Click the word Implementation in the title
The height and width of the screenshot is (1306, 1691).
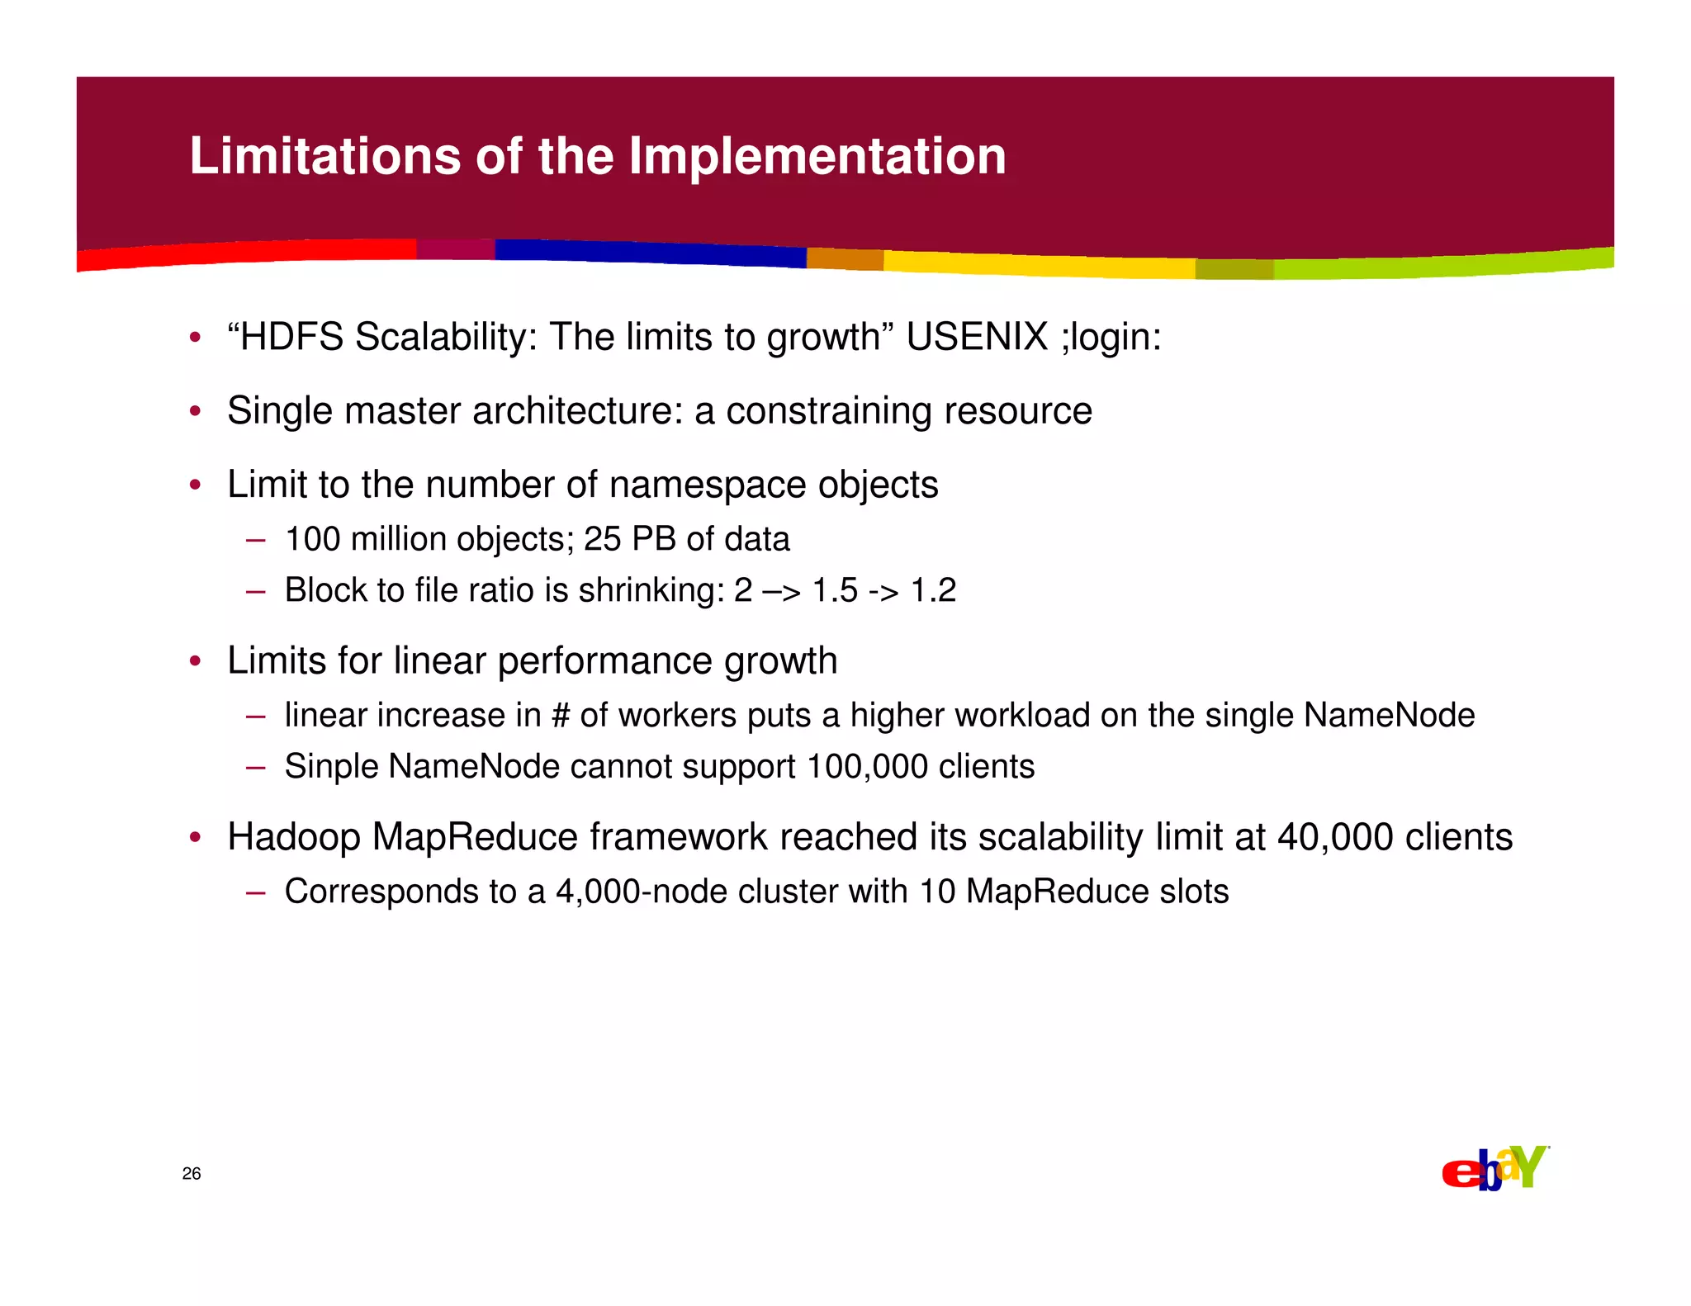pyautogui.click(x=817, y=156)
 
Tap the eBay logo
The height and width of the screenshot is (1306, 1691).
pyautogui.click(x=1494, y=1168)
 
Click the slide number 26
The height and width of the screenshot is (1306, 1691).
pyautogui.click(x=192, y=1174)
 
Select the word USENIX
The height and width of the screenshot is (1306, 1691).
pyautogui.click(x=977, y=337)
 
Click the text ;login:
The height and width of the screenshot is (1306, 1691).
pyautogui.click(x=1111, y=337)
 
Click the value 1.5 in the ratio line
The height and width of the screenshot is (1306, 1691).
pyautogui.click(x=835, y=590)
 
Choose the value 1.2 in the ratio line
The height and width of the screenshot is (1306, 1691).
pyautogui.click(x=933, y=590)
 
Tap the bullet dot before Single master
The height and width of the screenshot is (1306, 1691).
pyautogui.click(x=195, y=411)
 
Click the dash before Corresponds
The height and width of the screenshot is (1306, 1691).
pyautogui.click(x=255, y=892)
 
